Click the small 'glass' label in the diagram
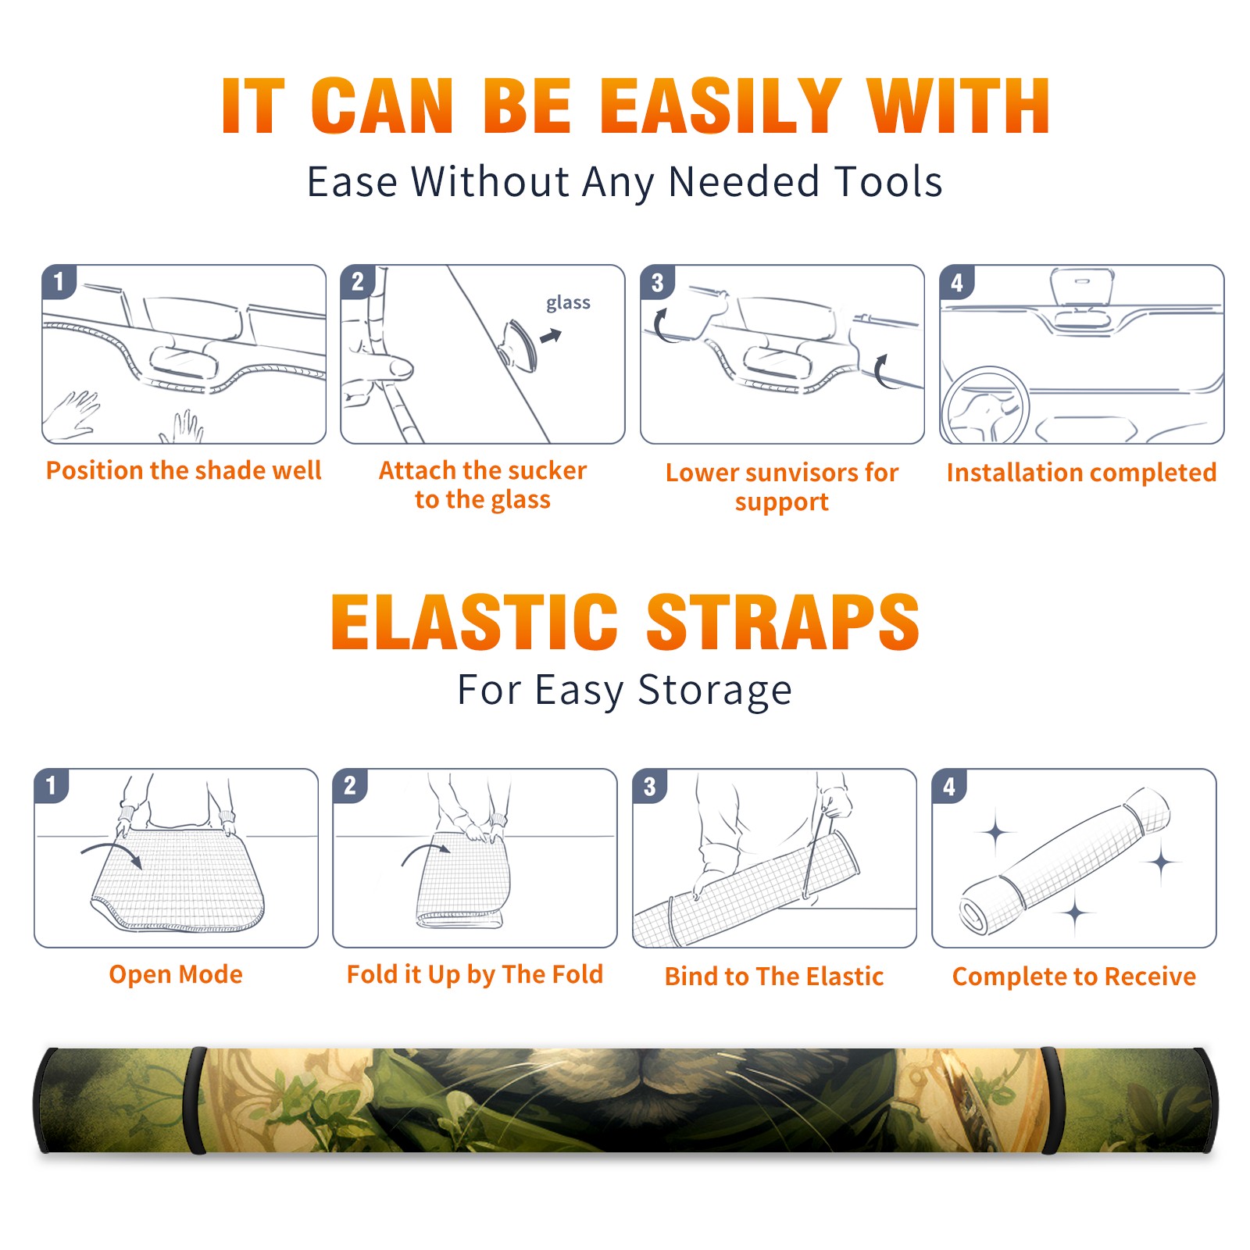click(x=568, y=303)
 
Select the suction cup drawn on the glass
click(x=520, y=345)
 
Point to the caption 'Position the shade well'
click(x=184, y=470)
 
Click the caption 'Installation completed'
click(x=1081, y=473)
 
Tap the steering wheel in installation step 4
click(x=984, y=406)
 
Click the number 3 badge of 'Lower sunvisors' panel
click(x=657, y=282)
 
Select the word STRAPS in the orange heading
click(x=784, y=622)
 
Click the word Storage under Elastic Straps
click(x=715, y=691)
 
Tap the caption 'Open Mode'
click(x=176, y=974)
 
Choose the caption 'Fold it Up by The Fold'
click(x=475, y=974)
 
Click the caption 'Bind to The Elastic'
click(x=774, y=977)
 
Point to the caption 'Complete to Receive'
click(x=1074, y=977)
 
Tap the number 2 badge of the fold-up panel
click(x=349, y=785)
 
